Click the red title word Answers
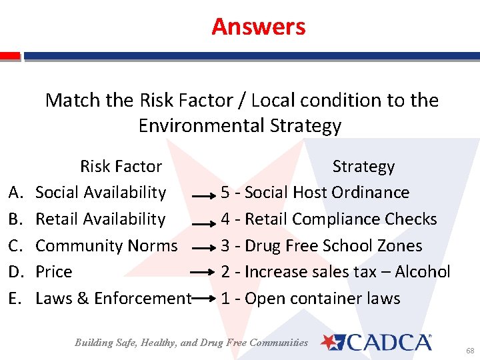259,27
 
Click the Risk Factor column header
121,166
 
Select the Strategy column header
363,166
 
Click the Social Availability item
101,193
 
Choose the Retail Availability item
100,219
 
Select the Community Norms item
107,245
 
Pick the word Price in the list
54,272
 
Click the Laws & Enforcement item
113,299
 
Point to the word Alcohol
423,272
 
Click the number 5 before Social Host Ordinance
226,193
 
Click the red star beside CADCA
330,342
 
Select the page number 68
469,350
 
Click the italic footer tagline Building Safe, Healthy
191,343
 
